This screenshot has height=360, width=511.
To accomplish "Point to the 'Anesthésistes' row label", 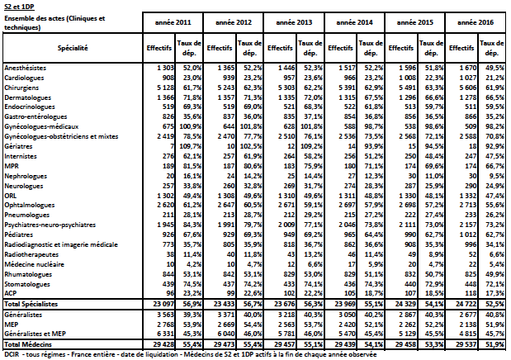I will (26, 68).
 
